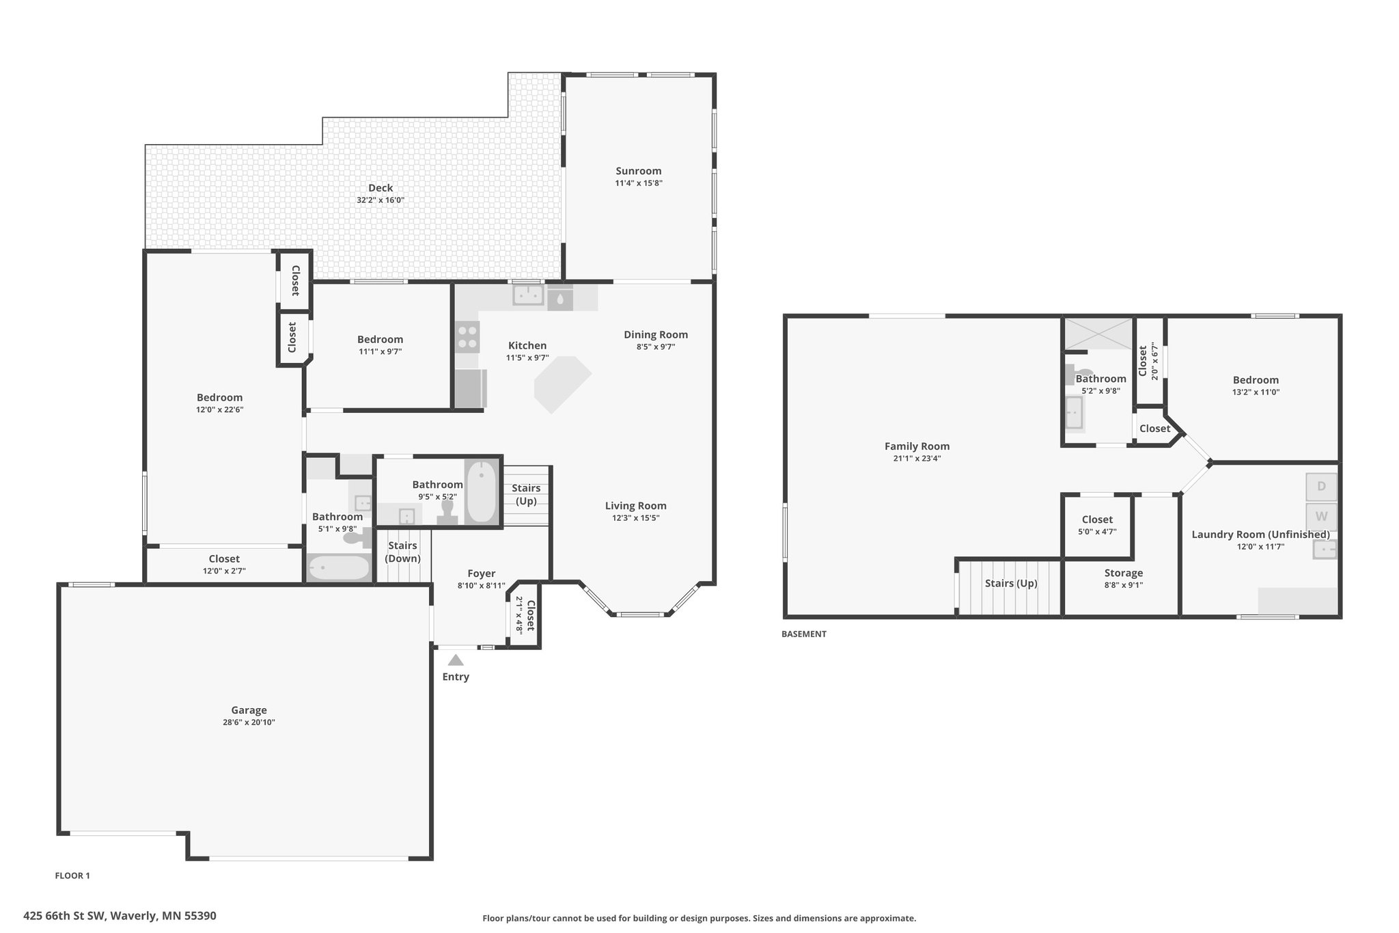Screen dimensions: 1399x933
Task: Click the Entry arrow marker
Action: click(x=456, y=660)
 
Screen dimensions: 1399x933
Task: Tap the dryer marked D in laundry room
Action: click(x=1321, y=487)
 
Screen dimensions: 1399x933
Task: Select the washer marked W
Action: click(x=1321, y=517)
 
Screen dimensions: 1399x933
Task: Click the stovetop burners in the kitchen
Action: click(x=468, y=336)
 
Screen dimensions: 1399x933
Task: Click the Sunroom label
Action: click(x=639, y=171)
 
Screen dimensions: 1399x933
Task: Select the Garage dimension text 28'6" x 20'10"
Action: click(x=249, y=722)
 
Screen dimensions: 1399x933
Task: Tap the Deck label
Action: click(x=380, y=188)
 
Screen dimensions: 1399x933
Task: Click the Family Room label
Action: click(x=917, y=446)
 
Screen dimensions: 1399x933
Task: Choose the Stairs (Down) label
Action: click(x=403, y=552)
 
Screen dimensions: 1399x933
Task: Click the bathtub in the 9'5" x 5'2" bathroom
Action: click(x=482, y=491)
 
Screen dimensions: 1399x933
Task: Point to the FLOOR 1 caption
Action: click(x=72, y=876)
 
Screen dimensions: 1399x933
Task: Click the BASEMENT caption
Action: click(x=804, y=634)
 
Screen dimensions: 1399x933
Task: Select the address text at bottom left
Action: click(x=120, y=915)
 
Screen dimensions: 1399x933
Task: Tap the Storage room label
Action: click(x=1124, y=573)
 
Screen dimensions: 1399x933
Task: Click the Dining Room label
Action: click(x=656, y=334)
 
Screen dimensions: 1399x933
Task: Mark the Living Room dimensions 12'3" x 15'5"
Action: click(x=636, y=518)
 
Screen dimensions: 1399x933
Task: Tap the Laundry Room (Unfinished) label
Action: click(x=1260, y=535)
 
